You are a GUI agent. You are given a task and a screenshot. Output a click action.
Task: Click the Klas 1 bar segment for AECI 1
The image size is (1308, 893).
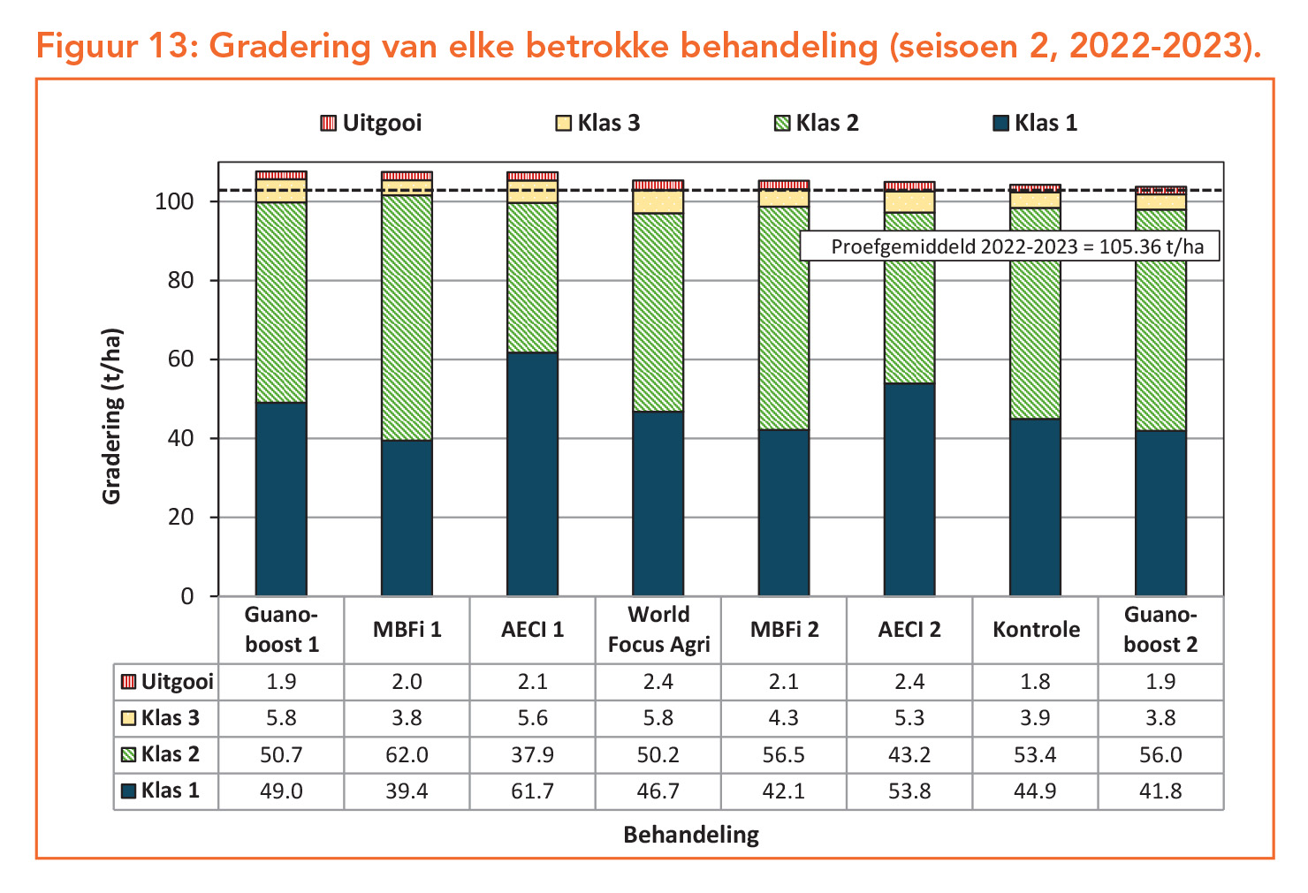click(532, 474)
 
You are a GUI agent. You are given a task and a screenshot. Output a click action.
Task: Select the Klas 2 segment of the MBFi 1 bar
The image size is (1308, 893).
click(407, 318)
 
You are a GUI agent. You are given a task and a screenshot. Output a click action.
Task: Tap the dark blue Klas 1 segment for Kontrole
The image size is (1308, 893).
click(1035, 507)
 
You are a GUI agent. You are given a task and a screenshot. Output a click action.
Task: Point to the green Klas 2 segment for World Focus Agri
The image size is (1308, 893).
click(658, 313)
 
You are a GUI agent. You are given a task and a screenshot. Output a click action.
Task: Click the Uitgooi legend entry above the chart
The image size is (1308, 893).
click(371, 123)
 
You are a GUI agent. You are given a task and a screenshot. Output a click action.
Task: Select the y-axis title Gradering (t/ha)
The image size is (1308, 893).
click(111, 417)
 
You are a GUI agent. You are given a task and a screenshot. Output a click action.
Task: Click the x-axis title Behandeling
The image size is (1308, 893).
click(691, 835)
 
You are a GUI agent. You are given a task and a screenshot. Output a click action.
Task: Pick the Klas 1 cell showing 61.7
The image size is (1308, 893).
click(532, 791)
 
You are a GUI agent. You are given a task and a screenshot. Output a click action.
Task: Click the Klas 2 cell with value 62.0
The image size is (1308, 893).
click(407, 754)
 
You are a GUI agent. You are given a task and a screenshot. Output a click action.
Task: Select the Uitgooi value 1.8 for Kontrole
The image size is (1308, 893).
click(1035, 681)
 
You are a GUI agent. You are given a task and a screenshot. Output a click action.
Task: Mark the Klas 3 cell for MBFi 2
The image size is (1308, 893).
click(783, 718)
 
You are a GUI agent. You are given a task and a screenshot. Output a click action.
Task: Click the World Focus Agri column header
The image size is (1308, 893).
click(658, 629)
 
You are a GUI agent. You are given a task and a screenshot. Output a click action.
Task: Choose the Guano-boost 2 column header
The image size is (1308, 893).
click(1160, 629)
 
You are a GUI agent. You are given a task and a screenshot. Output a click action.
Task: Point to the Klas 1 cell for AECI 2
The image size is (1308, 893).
click(909, 791)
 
